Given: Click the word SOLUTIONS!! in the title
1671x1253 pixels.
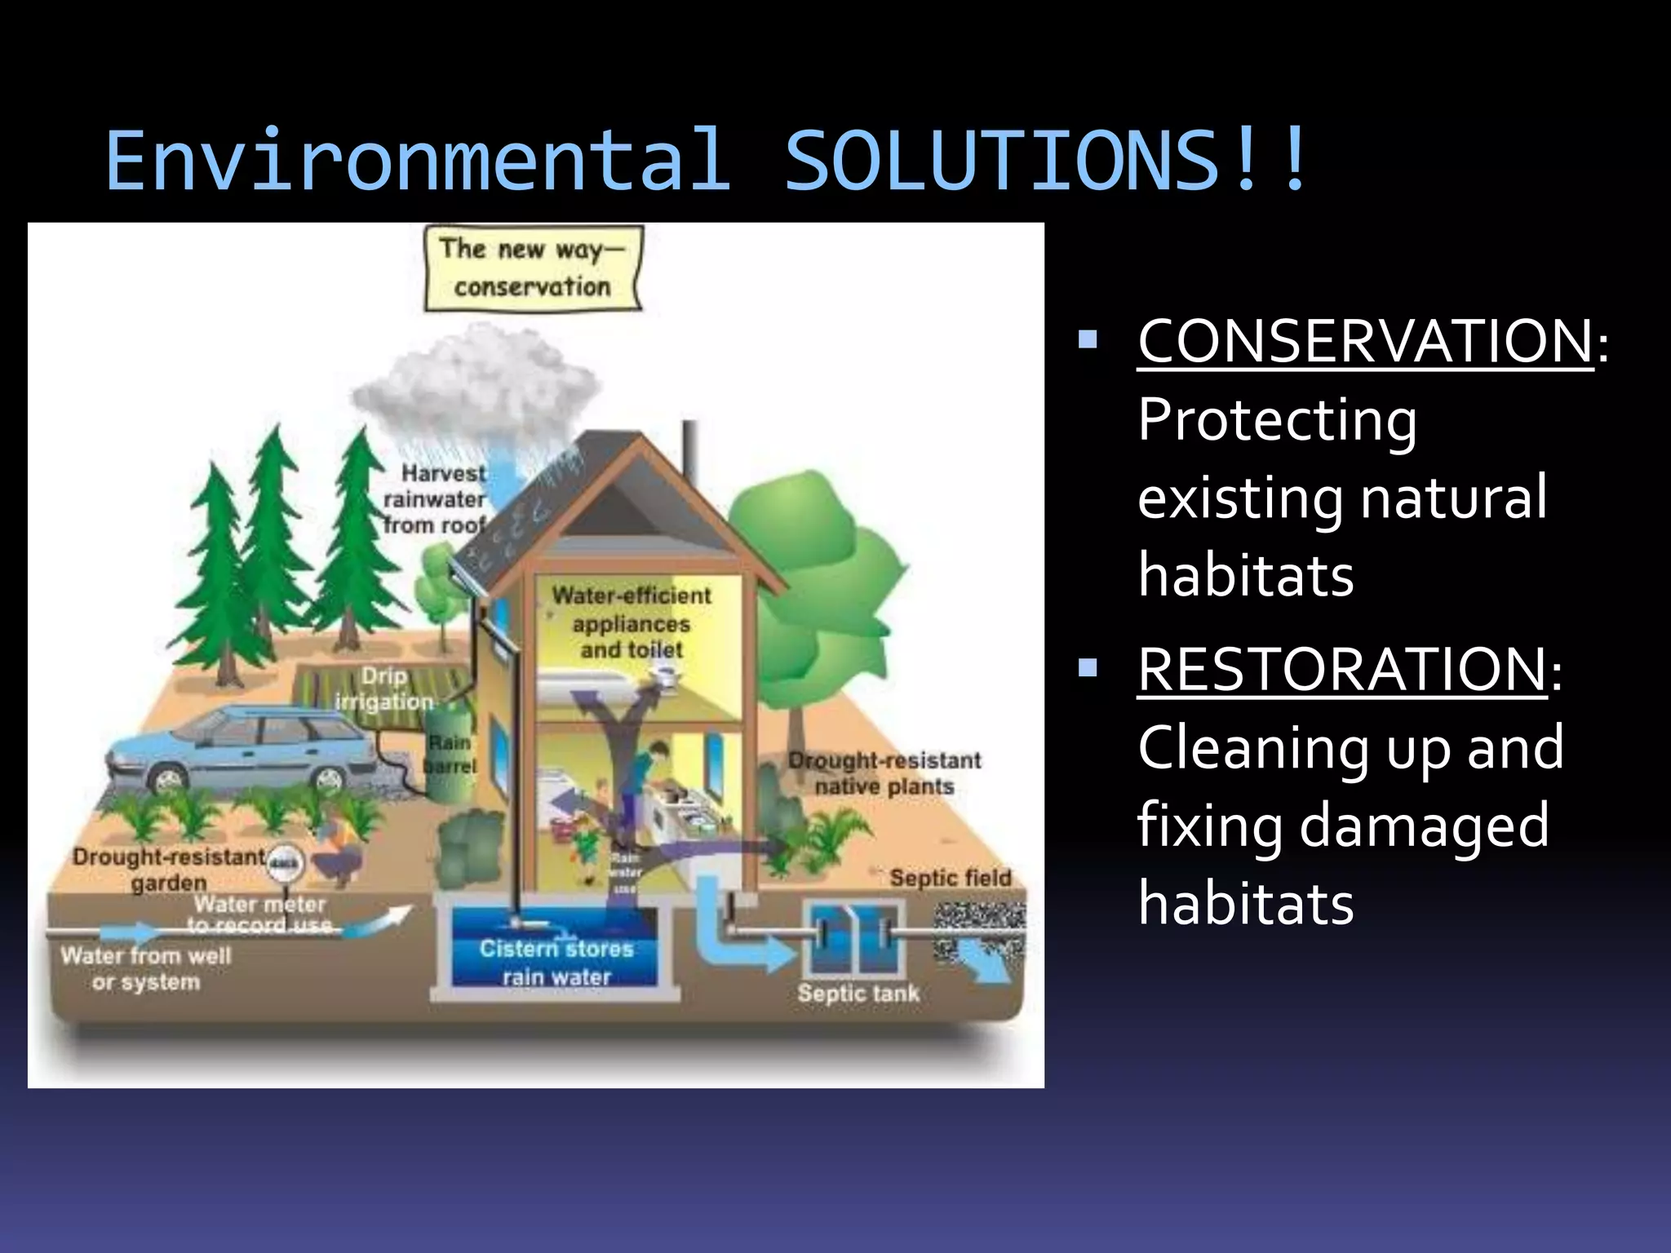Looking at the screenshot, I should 1046,161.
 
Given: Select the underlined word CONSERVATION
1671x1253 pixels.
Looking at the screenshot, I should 1365,341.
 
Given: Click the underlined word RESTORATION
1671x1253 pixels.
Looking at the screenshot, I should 1341,670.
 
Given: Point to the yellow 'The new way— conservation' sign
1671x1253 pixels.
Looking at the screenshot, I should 533,268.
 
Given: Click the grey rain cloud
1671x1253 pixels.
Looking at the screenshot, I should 473,383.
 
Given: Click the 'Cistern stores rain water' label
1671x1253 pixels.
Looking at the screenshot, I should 556,963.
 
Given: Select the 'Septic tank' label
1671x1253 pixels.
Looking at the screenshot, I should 858,993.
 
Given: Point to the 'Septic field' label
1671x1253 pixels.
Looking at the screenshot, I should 951,878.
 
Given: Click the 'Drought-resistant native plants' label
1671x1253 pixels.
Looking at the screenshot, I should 884,773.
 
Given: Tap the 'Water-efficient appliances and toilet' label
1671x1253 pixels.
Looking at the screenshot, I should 632,622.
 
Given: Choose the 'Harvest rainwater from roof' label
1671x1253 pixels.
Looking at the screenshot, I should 436,498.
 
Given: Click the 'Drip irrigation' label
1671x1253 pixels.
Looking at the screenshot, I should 383,688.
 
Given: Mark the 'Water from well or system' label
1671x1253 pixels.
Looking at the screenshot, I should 146,968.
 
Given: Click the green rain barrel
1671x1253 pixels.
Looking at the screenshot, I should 448,750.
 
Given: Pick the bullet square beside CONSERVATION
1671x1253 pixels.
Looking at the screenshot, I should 1088,339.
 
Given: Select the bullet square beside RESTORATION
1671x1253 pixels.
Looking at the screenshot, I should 1088,669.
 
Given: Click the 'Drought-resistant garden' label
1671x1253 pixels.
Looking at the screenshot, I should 169,870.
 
